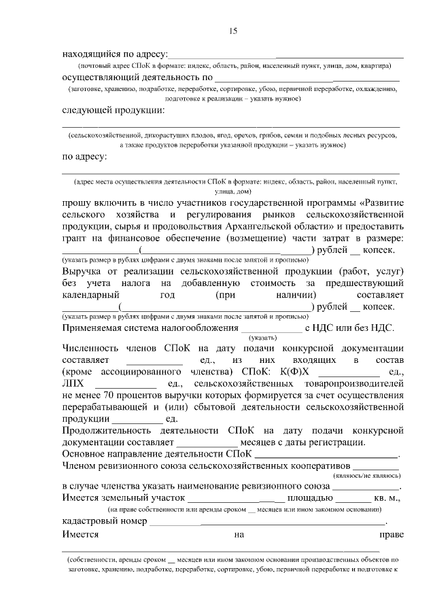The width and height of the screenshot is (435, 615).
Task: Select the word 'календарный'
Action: [x=90, y=294]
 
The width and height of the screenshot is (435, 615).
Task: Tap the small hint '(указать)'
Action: [x=262, y=338]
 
